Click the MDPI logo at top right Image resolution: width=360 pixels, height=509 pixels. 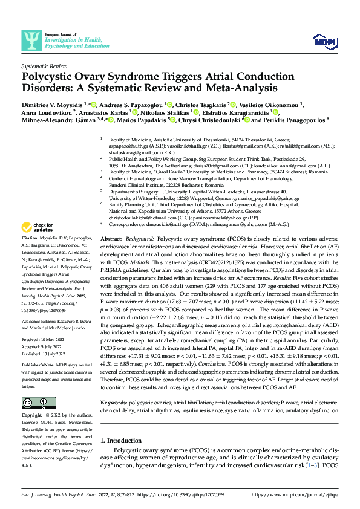324,41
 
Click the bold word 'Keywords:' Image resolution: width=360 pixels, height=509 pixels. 114,418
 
